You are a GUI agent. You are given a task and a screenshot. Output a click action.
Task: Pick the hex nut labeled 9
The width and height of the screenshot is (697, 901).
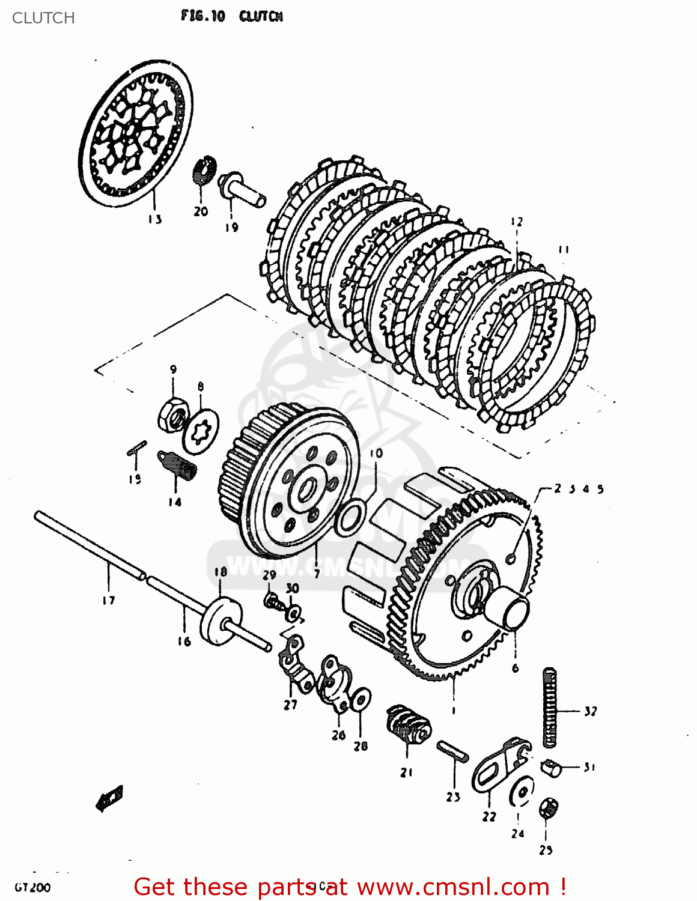point(172,414)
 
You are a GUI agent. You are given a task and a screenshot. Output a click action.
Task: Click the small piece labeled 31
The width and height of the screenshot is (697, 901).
point(552,767)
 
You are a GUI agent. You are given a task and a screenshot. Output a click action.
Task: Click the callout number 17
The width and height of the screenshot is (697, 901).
point(108,600)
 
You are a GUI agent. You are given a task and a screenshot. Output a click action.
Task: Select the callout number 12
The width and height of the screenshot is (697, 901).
point(517,222)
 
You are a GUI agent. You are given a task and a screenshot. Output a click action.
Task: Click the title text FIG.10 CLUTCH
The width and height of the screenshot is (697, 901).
point(231,16)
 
